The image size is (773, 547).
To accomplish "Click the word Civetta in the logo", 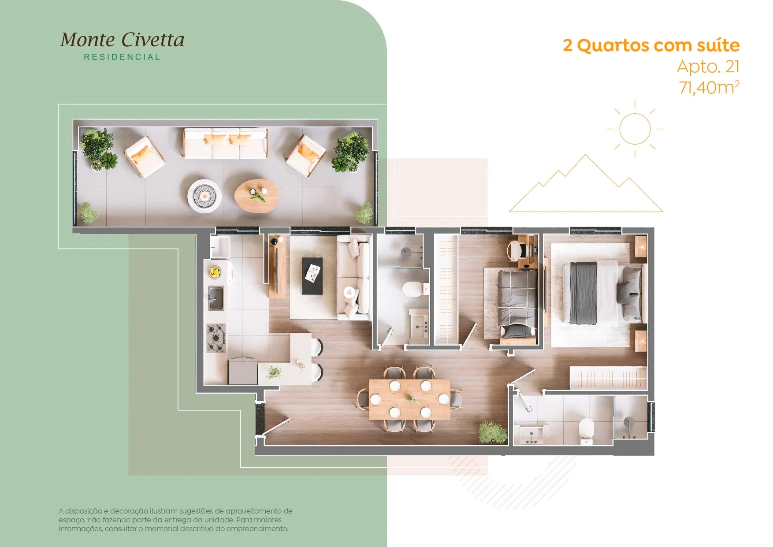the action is (152, 40).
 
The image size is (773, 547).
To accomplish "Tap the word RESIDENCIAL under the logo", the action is (122, 57).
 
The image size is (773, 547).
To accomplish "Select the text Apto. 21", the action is (708, 67).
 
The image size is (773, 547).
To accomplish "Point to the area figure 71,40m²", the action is (709, 87).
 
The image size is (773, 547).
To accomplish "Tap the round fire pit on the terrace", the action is (204, 196).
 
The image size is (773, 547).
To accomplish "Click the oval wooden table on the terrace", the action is (256, 196).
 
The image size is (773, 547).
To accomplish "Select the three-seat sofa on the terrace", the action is (226, 143).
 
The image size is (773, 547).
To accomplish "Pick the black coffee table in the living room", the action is (312, 276).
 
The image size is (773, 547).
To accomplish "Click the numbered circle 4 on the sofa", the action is (349, 292).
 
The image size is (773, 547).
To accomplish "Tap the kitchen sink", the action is (216, 298).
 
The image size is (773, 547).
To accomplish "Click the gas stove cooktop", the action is (216, 338).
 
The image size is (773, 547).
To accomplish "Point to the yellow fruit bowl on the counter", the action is (215, 272).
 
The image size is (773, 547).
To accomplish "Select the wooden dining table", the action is (409, 399).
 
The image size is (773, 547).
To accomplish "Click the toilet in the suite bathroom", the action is (586, 431).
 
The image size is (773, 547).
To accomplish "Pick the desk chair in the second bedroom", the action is (515, 250).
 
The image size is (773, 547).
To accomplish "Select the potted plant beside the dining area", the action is (492, 432).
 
